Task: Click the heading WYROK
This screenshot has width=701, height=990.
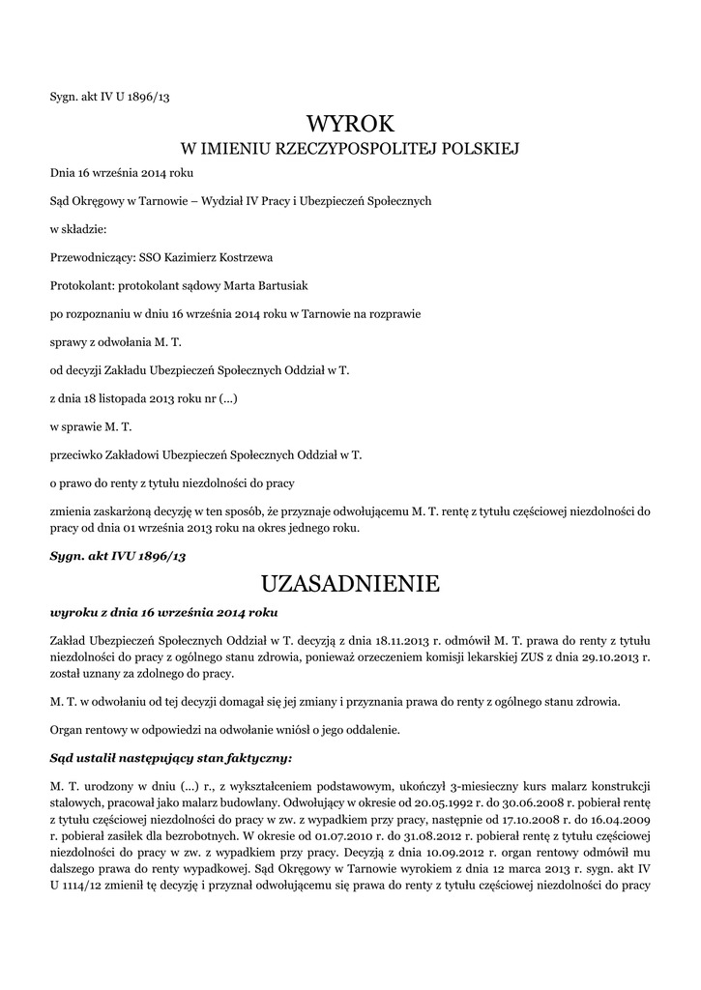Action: coord(350,124)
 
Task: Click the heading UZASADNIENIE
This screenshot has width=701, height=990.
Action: coord(350,584)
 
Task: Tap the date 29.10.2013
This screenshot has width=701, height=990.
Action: coord(605,656)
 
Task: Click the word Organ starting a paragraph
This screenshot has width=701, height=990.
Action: coord(68,729)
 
